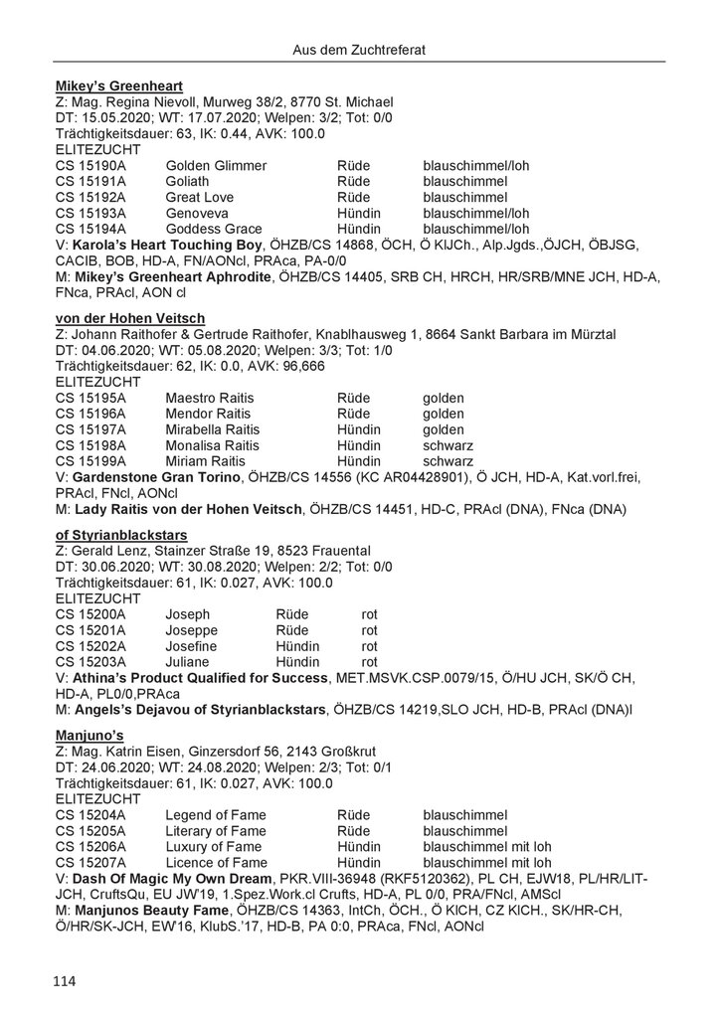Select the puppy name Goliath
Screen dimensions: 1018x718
coord(188,181)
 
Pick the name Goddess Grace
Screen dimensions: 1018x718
coord(214,229)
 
